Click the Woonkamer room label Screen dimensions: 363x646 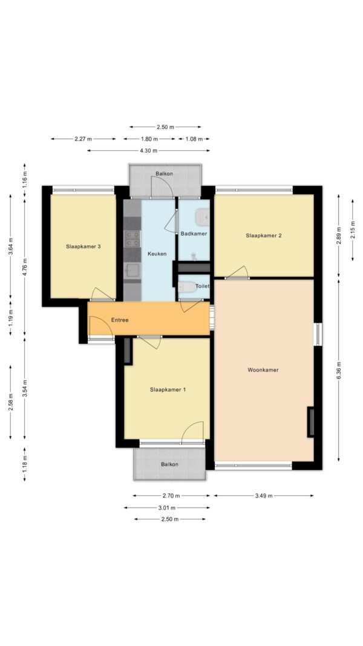(x=263, y=370)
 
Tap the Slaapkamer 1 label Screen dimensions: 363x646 (x=168, y=389)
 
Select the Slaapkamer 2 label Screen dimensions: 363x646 (x=264, y=236)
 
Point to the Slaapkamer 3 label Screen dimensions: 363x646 (x=83, y=247)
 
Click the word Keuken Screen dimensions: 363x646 (x=157, y=254)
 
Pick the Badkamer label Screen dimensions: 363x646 (x=194, y=234)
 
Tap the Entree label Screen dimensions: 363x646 (x=120, y=320)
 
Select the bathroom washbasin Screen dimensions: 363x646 (x=203, y=217)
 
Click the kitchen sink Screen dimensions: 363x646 (x=133, y=270)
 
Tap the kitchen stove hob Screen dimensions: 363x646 (x=133, y=239)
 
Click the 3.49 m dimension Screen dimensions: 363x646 (x=264, y=496)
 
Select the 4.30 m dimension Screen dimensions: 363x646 (x=149, y=151)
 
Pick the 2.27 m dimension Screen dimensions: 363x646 (x=83, y=139)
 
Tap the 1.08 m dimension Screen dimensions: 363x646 (x=194, y=139)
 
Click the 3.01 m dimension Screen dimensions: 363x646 (x=167, y=507)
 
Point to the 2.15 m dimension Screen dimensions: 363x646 (x=353, y=230)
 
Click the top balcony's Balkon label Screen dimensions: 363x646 (x=164, y=173)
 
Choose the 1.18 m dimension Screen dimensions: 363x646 (x=25, y=464)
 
